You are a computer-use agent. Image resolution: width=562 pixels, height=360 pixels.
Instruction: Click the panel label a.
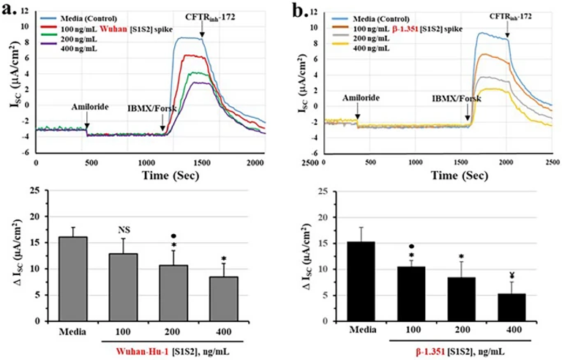tap(11, 10)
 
